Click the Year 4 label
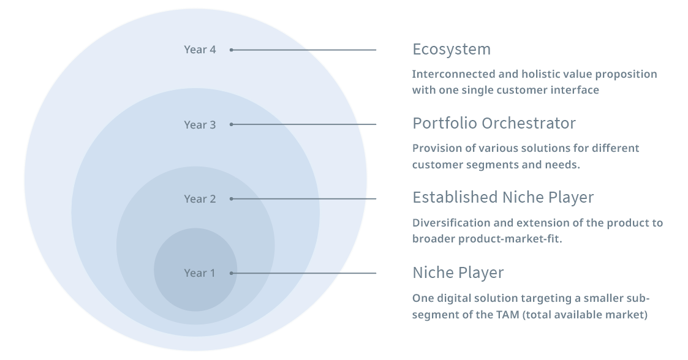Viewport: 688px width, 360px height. pos(200,50)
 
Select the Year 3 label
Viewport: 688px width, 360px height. pos(200,124)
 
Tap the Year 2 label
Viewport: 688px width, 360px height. pos(200,198)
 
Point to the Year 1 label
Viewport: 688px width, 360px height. pos(200,272)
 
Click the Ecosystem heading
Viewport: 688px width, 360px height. pos(452,49)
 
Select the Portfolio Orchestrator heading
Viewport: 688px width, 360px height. pos(494,123)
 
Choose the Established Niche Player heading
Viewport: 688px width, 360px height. pos(503,197)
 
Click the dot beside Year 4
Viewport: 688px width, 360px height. pos(231,50)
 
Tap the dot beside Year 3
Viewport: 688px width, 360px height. pos(231,124)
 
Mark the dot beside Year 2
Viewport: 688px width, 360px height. pos(231,198)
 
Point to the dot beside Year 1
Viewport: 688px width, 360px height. pos(231,273)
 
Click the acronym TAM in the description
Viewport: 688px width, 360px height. pos(508,315)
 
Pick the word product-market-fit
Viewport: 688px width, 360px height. pos(510,239)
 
